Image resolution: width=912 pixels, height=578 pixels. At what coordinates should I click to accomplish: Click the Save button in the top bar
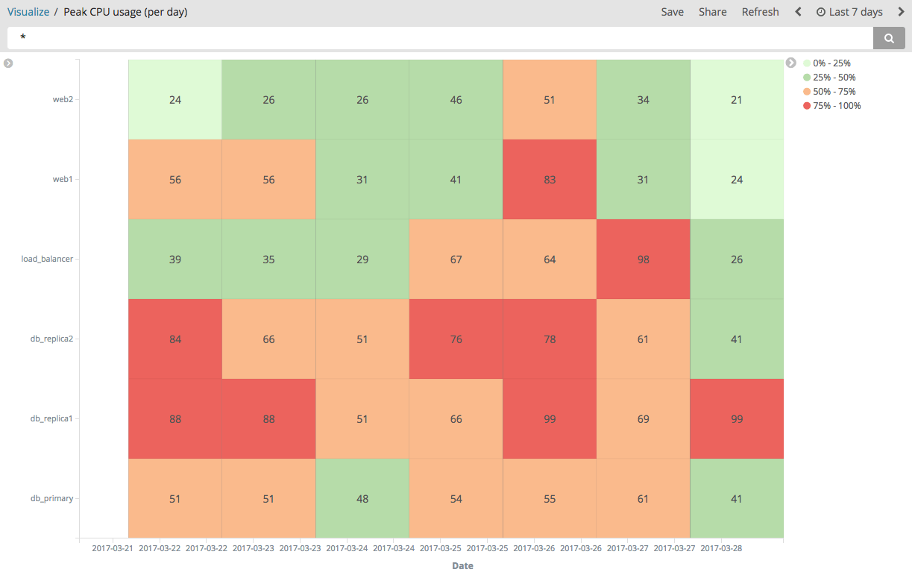672,12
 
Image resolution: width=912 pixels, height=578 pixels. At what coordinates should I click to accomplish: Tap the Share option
712,12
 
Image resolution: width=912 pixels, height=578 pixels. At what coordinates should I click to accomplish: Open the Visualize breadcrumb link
28,12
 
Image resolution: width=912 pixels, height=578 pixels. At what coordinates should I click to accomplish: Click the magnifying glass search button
889,38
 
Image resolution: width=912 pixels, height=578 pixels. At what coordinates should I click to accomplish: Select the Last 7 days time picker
849,12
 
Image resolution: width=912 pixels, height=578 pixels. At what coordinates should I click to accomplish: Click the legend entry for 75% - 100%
836,106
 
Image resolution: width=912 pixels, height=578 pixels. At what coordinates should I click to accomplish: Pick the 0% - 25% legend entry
831,63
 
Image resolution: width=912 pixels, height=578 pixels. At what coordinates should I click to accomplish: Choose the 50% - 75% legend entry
834,92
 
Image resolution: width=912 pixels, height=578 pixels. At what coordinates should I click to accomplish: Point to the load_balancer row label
47,259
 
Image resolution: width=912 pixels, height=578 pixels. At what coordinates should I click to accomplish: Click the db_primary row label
51,498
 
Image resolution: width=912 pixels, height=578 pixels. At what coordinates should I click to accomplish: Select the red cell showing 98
643,260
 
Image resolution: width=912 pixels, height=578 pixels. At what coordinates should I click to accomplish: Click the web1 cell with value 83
550,180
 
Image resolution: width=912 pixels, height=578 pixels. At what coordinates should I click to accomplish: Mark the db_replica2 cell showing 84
175,339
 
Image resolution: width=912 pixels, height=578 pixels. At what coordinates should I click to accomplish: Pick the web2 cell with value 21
737,100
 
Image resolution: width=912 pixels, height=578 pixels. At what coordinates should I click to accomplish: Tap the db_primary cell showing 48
362,499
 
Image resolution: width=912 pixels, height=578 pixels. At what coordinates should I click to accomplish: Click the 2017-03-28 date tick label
721,548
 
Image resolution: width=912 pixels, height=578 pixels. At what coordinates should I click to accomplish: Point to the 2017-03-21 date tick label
113,548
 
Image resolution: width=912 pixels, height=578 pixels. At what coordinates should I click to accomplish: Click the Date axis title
462,566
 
